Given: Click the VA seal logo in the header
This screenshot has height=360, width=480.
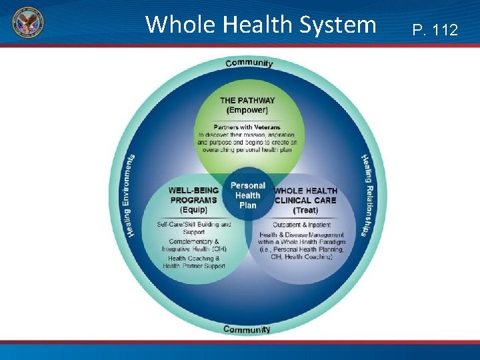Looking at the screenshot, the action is click(x=27, y=23).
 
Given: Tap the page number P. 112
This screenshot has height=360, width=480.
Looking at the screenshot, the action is click(x=435, y=29).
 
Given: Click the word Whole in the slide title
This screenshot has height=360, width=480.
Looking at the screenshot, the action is click(x=173, y=25).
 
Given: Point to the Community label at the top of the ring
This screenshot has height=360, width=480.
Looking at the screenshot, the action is click(x=249, y=63).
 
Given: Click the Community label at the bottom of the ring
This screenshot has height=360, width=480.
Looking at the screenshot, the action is click(x=247, y=329).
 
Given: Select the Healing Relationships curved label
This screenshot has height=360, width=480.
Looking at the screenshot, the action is click(x=366, y=194).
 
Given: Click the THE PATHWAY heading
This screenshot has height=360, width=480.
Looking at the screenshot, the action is click(x=247, y=101).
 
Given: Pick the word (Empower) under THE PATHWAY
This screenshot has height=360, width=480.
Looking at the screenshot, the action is click(x=247, y=110).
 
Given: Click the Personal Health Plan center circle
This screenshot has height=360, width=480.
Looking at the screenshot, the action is click(x=247, y=195).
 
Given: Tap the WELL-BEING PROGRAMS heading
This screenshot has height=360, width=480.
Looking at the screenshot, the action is click(x=193, y=195).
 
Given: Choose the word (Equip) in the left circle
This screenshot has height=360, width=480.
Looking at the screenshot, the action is click(x=193, y=210).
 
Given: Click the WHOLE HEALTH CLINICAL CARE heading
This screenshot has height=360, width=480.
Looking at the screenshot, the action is click(x=306, y=195).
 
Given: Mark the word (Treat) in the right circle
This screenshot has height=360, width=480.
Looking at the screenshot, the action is click(x=305, y=211).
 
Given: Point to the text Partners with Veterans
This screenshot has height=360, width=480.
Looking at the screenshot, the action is click(x=247, y=127).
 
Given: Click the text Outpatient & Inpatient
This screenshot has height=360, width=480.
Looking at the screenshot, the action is click(x=301, y=225).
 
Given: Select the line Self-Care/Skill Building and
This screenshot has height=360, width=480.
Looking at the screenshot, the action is click(x=194, y=225).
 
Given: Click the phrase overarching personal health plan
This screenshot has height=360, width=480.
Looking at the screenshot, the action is click(x=247, y=150).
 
